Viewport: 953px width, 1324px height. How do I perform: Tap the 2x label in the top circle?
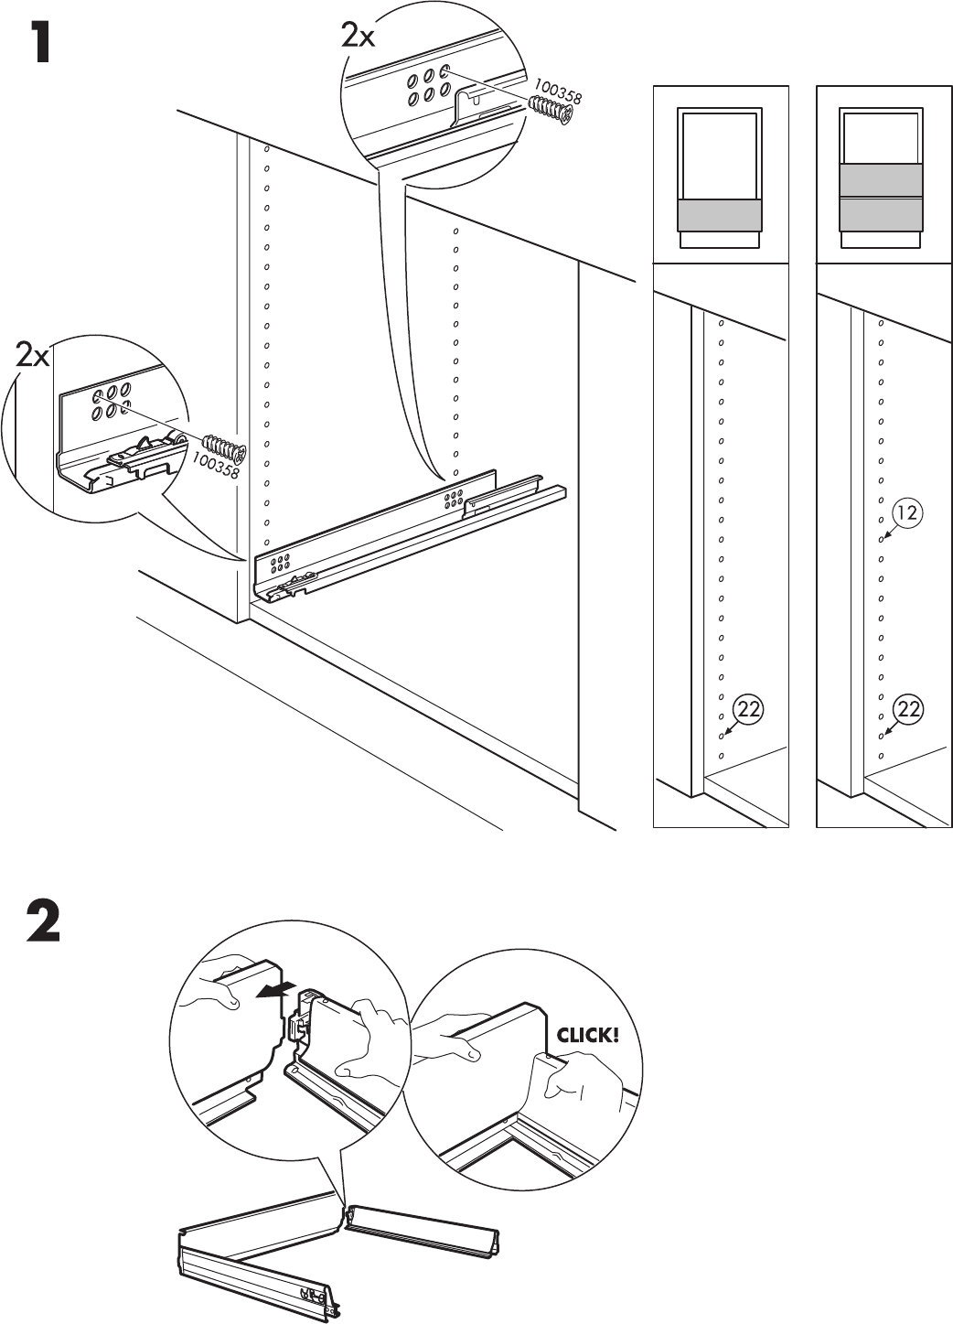click(358, 36)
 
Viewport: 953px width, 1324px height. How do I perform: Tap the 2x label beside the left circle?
click(32, 355)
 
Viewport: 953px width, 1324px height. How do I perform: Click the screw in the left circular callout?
click(223, 449)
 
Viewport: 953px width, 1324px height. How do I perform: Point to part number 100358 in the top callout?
click(559, 91)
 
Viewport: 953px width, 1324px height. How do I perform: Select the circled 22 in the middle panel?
click(749, 708)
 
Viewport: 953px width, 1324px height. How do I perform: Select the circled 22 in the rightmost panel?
click(908, 708)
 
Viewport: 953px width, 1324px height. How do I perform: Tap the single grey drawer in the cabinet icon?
click(719, 216)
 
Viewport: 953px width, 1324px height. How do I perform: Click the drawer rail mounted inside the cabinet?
click(412, 531)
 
